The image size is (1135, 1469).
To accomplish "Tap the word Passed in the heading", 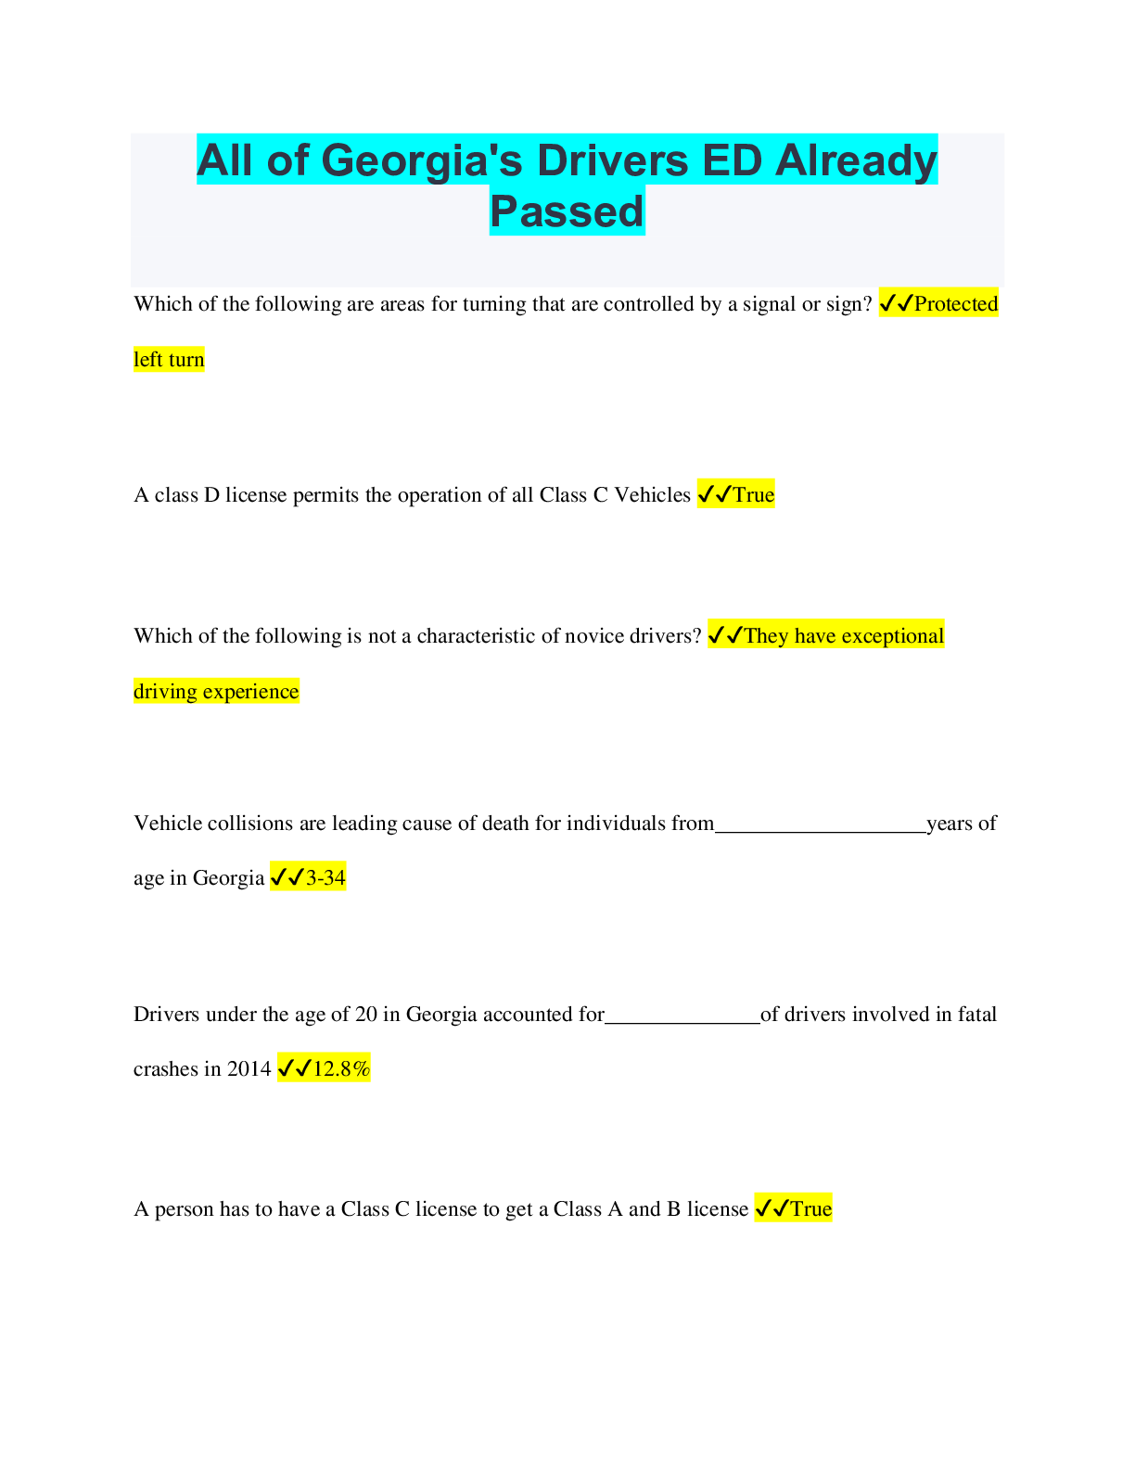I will [567, 211].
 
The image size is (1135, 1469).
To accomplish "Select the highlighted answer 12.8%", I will [341, 1069].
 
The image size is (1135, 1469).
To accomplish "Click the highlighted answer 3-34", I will [325, 878].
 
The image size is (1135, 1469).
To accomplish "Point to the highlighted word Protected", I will [956, 304].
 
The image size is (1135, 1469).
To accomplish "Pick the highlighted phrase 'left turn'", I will [169, 360].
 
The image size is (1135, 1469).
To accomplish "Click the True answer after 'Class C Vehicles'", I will [753, 495].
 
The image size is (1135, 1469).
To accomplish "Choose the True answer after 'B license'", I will [810, 1209].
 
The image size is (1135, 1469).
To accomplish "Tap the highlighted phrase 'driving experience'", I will [216, 692].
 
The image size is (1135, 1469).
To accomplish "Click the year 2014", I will [249, 1069].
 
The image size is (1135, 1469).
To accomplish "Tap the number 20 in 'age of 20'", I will [366, 1015].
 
